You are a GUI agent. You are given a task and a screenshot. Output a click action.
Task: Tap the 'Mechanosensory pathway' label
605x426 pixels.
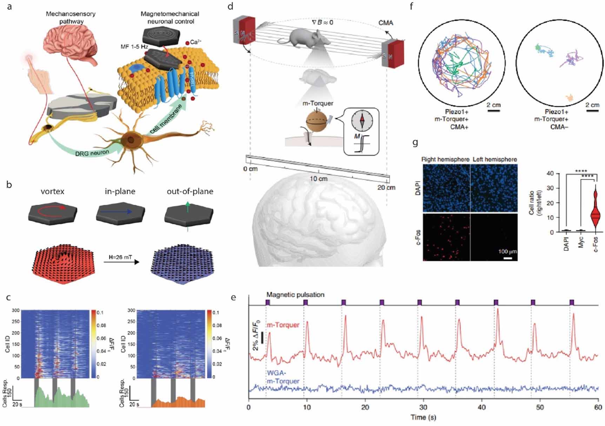click(71, 18)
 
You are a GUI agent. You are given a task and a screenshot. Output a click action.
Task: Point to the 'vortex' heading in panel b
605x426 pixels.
click(52, 191)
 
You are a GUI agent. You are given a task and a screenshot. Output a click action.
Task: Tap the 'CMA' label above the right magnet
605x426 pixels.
click(386, 23)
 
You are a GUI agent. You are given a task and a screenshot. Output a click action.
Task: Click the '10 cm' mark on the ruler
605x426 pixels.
click(318, 179)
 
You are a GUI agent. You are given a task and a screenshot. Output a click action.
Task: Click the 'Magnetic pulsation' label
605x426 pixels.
click(295, 295)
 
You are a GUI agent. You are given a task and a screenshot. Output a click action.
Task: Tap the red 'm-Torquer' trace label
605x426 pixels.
click(283, 325)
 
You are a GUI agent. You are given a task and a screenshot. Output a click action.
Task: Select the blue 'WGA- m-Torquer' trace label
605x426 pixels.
click(283, 377)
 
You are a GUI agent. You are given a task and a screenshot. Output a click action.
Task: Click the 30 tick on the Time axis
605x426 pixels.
click(424, 407)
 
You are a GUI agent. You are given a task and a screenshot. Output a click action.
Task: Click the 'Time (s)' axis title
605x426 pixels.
click(424, 417)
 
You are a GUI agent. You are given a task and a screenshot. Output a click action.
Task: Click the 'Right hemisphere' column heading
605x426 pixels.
click(445, 159)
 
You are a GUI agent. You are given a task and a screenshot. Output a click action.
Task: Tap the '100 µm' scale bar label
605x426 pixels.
click(507, 252)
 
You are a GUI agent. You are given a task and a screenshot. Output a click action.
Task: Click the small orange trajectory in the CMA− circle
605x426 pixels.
click(570, 97)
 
